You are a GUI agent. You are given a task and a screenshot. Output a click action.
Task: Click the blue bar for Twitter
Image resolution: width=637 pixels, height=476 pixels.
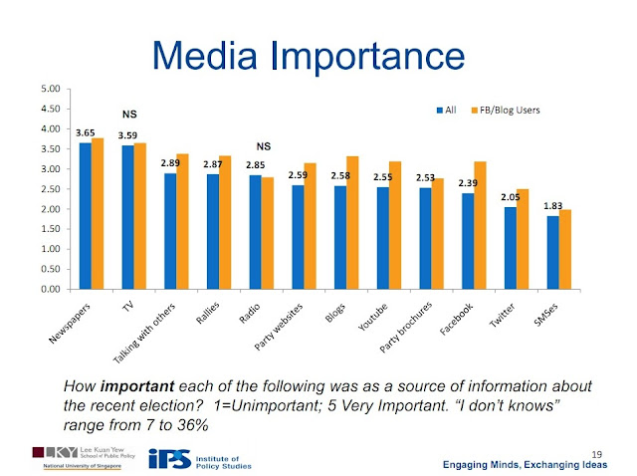click(x=511, y=248)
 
